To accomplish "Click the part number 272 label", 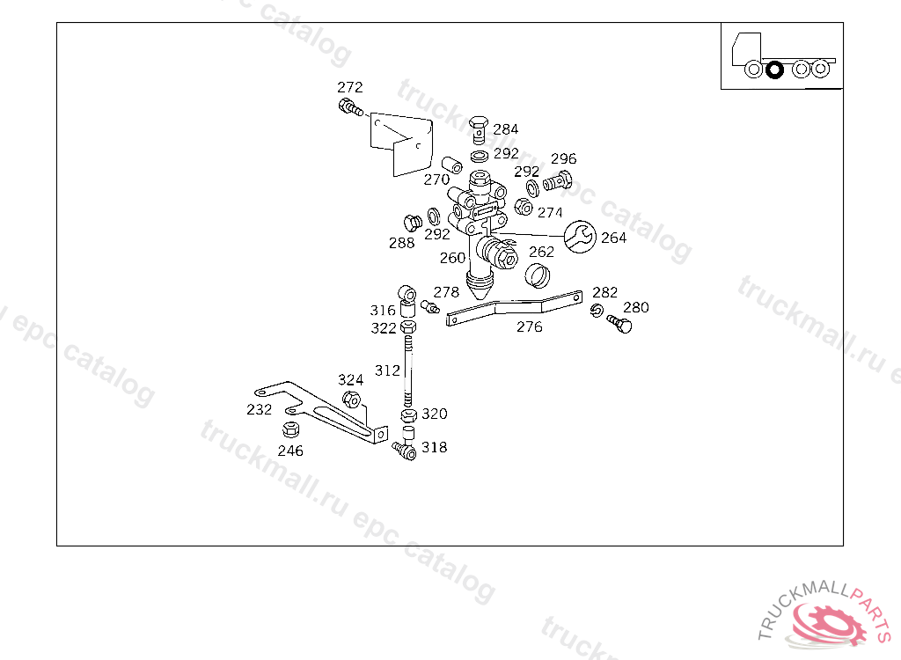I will click(x=349, y=87).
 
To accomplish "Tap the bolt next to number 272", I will click(x=349, y=109).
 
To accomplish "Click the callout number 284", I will click(x=505, y=129).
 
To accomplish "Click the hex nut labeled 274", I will click(x=522, y=208).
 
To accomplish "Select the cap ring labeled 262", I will click(x=538, y=275).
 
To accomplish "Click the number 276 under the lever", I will click(x=529, y=326).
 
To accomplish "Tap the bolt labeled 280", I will click(x=620, y=326).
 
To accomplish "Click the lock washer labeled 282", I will click(x=597, y=309).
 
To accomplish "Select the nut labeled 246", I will click(x=289, y=430).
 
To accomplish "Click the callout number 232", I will click(x=259, y=410).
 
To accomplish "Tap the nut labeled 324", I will click(x=349, y=400).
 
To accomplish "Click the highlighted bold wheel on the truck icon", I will click(x=774, y=69).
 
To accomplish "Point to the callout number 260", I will click(x=452, y=258).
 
